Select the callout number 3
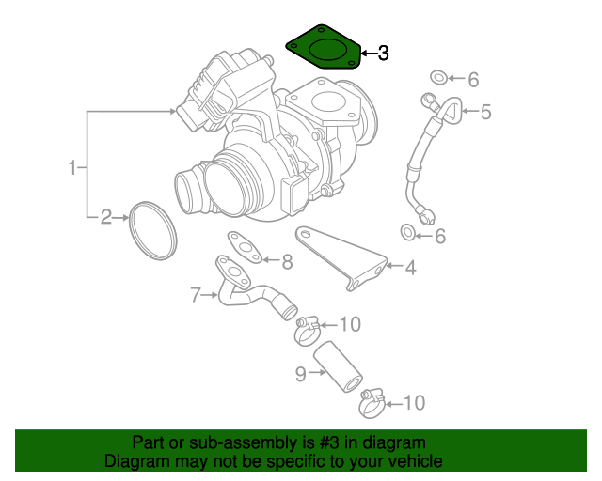(x=382, y=54)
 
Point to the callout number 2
(x=106, y=218)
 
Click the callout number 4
(x=410, y=267)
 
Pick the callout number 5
(x=485, y=113)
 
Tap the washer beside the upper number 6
(x=439, y=77)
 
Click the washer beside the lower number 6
(x=408, y=232)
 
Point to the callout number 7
(x=196, y=295)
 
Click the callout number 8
(x=288, y=260)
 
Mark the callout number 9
(x=301, y=374)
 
